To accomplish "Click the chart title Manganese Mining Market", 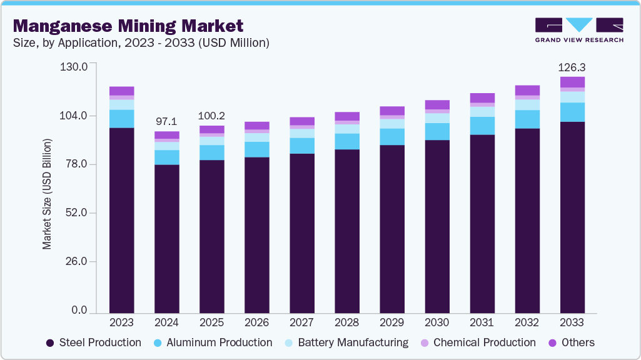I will [x=128, y=26].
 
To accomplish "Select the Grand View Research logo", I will [x=578, y=29].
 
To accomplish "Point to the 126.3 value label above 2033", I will [x=572, y=67].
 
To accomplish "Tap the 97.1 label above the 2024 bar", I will [x=166, y=120].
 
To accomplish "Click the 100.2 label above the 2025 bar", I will [x=211, y=116].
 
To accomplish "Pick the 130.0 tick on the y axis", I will [x=73, y=66].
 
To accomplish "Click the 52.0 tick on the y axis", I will [x=76, y=213].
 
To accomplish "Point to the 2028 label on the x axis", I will [x=347, y=322].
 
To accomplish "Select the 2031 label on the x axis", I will [x=482, y=322].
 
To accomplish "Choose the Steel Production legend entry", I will [x=94, y=342].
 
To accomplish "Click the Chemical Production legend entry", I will [x=478, y=342].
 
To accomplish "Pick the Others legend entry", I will [x=572, y=342].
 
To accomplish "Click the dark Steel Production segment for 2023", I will [x=122, y=219].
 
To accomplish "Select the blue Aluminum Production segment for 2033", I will [x=572, y=112].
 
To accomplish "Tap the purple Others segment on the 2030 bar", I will [x=437, y=104].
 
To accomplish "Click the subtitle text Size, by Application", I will [x=75, y=43].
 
